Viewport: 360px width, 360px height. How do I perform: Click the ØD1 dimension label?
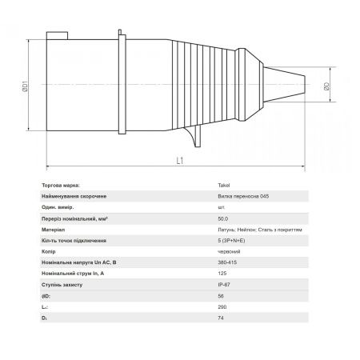(x=25, y=86)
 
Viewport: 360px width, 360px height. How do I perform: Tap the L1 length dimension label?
(x=180, y=161)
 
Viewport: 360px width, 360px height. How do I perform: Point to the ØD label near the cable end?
(x=326, y=86)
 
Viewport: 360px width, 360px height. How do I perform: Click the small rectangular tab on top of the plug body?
(x=57, y=36)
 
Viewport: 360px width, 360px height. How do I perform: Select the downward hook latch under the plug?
(x=195, y=137)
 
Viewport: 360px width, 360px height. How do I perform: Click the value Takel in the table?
(x=224, y=185)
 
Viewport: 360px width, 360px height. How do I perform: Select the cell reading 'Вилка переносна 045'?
(x=243, y=196)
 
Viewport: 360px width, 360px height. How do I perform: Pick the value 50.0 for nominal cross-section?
(x=223, y=218)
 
